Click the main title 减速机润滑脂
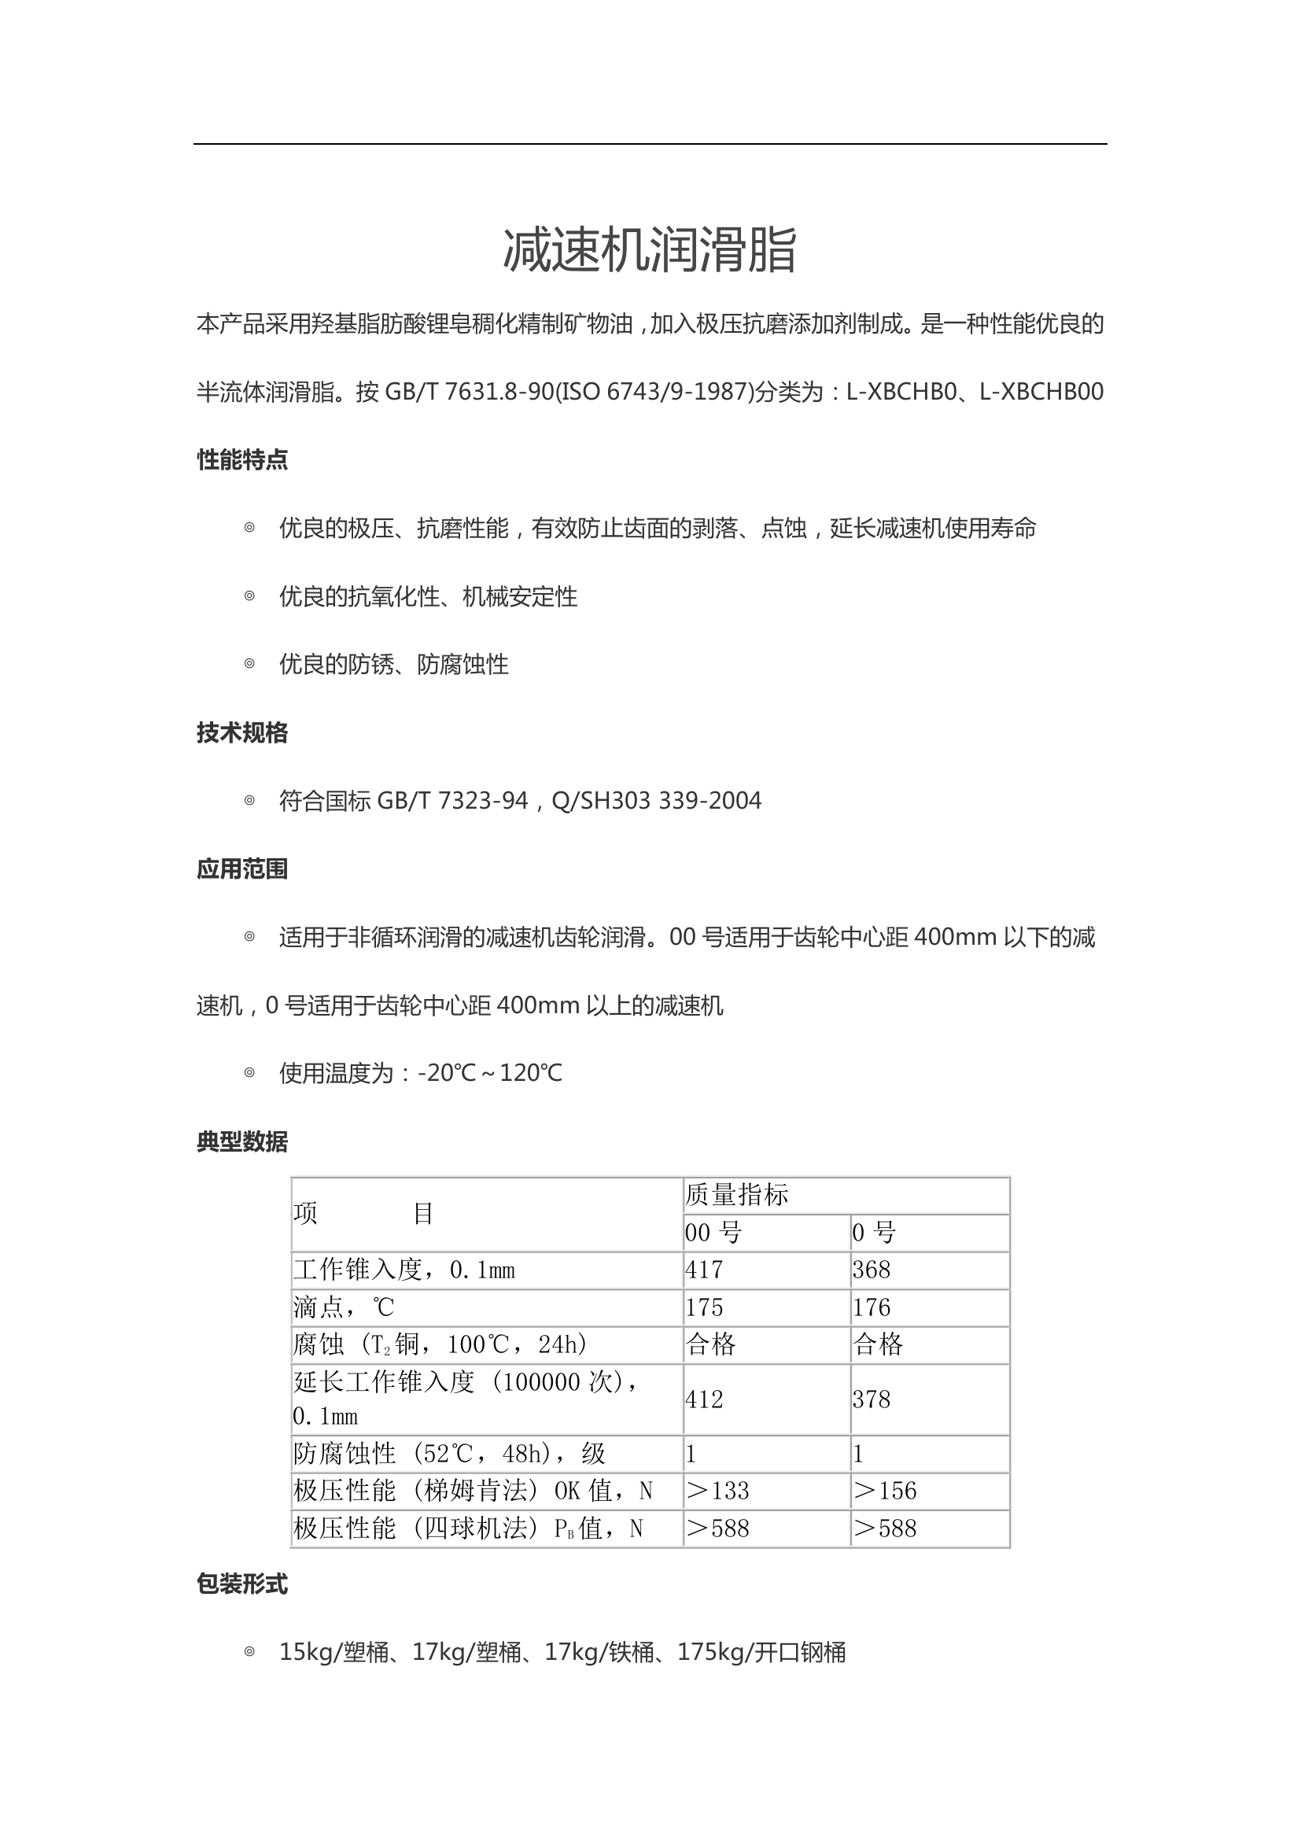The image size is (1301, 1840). coord(650,250)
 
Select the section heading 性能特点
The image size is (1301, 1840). coord(242,460)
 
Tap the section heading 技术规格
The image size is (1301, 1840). coord(242,732)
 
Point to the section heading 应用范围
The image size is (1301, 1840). coord(242,868)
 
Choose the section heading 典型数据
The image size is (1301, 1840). coord(242,1142)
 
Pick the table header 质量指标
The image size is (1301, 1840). coord(736,1195)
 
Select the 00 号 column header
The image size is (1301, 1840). coord(713,1232)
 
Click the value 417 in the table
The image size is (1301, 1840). coord(704,1270)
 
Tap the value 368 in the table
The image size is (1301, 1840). coord(872,1270)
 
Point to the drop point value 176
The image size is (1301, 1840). coord(872,1307)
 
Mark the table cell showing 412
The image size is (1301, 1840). coord(704,1399)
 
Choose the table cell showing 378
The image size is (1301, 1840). coord(872,1399)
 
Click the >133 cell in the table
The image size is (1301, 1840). coord(718,1491)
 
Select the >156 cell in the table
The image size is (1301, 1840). coord(885,1491)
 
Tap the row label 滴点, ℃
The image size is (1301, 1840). coord(344,1307)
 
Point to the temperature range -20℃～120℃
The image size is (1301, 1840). coord(490,1073)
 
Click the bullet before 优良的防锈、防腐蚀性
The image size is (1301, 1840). coord(249,664)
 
